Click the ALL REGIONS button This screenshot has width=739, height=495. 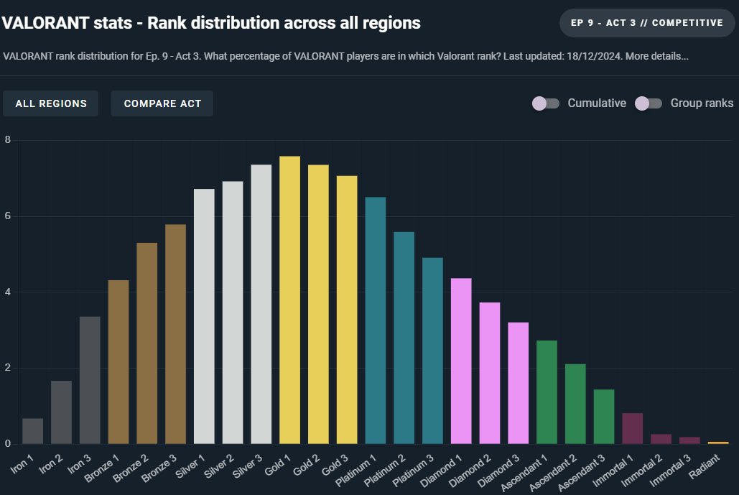pyautogui.click(x=51, y=103)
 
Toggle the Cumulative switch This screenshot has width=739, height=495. pyautogui.click(x=546, y=103)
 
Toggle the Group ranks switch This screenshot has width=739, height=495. pyautogui.click(x=649, y=103)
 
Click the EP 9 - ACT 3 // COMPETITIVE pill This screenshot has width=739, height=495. pyautogui.click(x=646, y=22)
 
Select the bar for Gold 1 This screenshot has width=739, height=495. pyautogui.click(x=290, y=300)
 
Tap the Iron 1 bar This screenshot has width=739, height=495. pyautogui.click(x=32, y=431)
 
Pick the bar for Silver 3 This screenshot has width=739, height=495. pyautogui.click(x=261, y=304)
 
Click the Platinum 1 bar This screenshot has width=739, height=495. pyautogui.click(x=376, y=320)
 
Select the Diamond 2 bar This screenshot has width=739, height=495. pyautogui.click(x=490, y=373)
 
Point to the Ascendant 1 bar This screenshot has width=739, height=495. pyautogui.click(x=547, y=392)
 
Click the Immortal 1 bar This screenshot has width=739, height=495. pyautogui.click(x=633, y=428)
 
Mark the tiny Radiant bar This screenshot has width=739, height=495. pyautogui.click(x=718, y=443)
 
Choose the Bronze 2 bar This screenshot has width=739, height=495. pyautogui.click(x=147, y=343)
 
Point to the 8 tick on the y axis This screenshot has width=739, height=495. pyautogui.click(x=7, y=139)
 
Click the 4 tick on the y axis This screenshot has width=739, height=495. pyautogui.click(x=7, y=292)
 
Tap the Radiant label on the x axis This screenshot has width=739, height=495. pyautogui.click(x=704, y=466)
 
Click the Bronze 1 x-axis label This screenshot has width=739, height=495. pyautogui.click(x=102, y=468)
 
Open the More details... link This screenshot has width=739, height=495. pyautogui.click(x=657, y=56)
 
